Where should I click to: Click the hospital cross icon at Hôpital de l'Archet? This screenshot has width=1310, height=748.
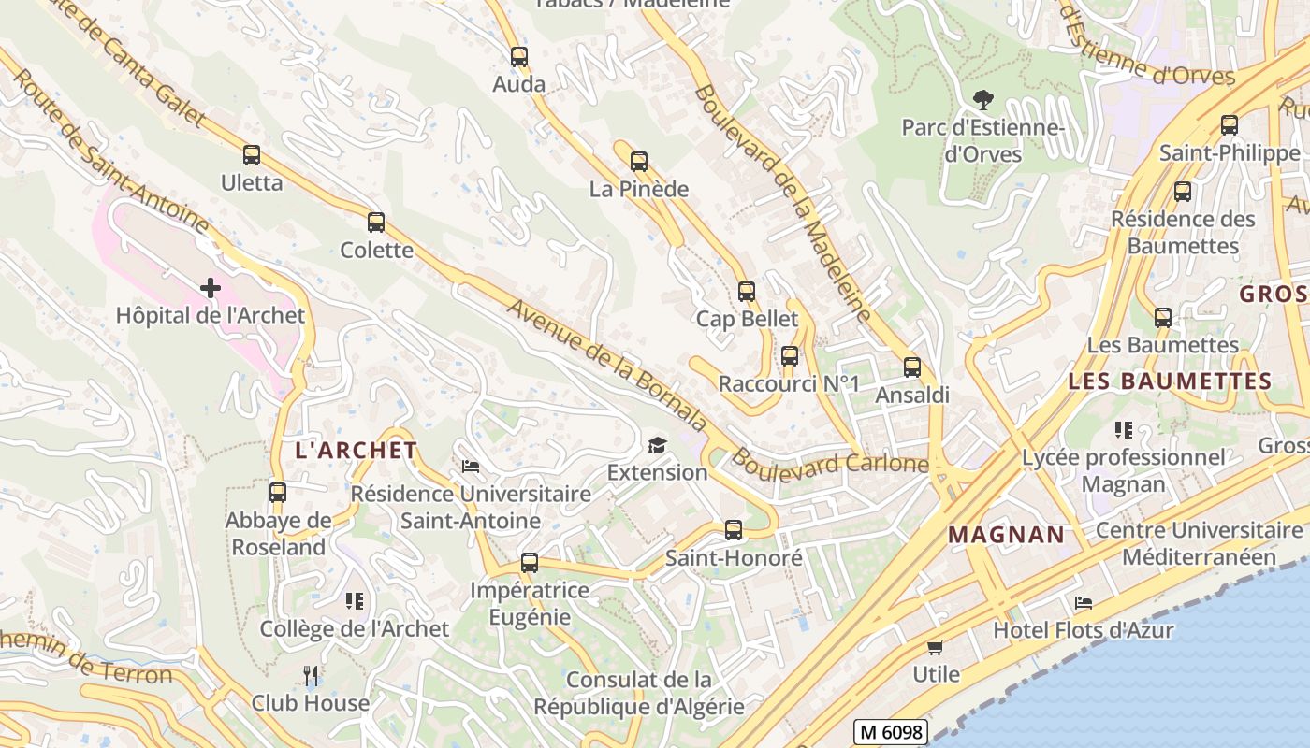coord(211,288)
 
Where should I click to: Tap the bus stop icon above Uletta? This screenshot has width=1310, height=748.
coord(251,155)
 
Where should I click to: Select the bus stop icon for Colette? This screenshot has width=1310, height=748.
coord(376,223)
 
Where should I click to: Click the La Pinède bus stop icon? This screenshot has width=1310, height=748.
coord(639,162)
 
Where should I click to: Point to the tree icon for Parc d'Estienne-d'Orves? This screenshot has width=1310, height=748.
coord(982,99)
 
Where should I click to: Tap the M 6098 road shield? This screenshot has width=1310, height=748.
coord(890,732)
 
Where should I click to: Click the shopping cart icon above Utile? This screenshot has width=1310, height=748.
coord(936,647)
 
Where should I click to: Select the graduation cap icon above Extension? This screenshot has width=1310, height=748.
coord(658,445)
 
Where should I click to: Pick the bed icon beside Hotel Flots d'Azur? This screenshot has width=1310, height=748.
coord(1084,603)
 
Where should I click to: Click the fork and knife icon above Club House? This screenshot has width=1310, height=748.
coord(312,675)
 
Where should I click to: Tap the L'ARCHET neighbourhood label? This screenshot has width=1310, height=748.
coord(357,451)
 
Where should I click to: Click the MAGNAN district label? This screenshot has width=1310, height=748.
coord(1007,536)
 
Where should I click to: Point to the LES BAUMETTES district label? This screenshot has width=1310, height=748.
coord(1170,381)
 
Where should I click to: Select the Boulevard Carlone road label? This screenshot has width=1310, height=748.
coord(830,463)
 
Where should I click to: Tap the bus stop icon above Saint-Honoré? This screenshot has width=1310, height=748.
coord(734,530)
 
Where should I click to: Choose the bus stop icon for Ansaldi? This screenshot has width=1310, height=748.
coord(912,367)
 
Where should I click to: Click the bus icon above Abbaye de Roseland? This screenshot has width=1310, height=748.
coord(278,493)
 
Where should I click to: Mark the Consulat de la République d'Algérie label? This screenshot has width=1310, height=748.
coord(639,693)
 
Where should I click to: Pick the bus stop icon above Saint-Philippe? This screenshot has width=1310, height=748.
coord(1230,125)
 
